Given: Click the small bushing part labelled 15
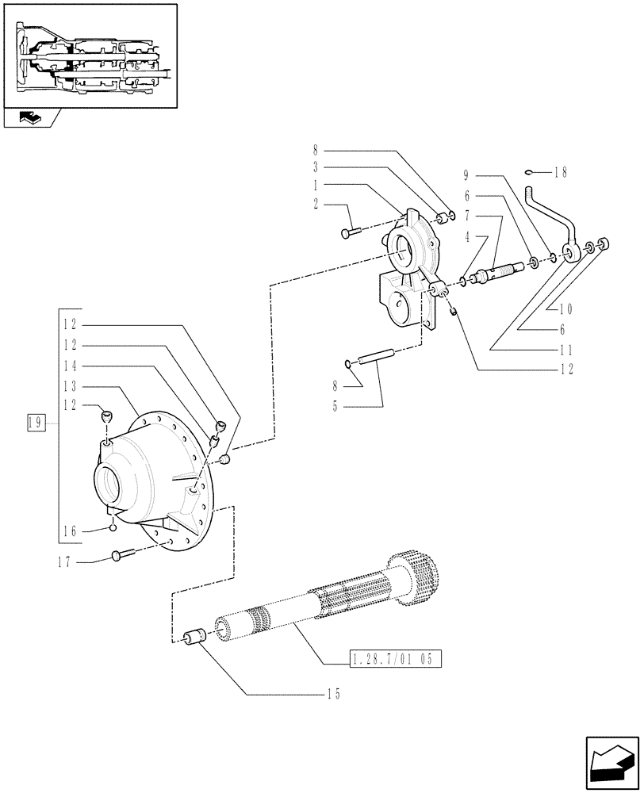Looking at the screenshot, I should (x=195, y=636).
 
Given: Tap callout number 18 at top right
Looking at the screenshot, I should (x=562, y=171).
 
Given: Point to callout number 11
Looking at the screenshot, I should (x=565, y=349).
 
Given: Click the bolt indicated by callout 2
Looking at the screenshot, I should (x=350, y=232).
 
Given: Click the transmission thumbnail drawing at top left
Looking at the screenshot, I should (x=90, y=56).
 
